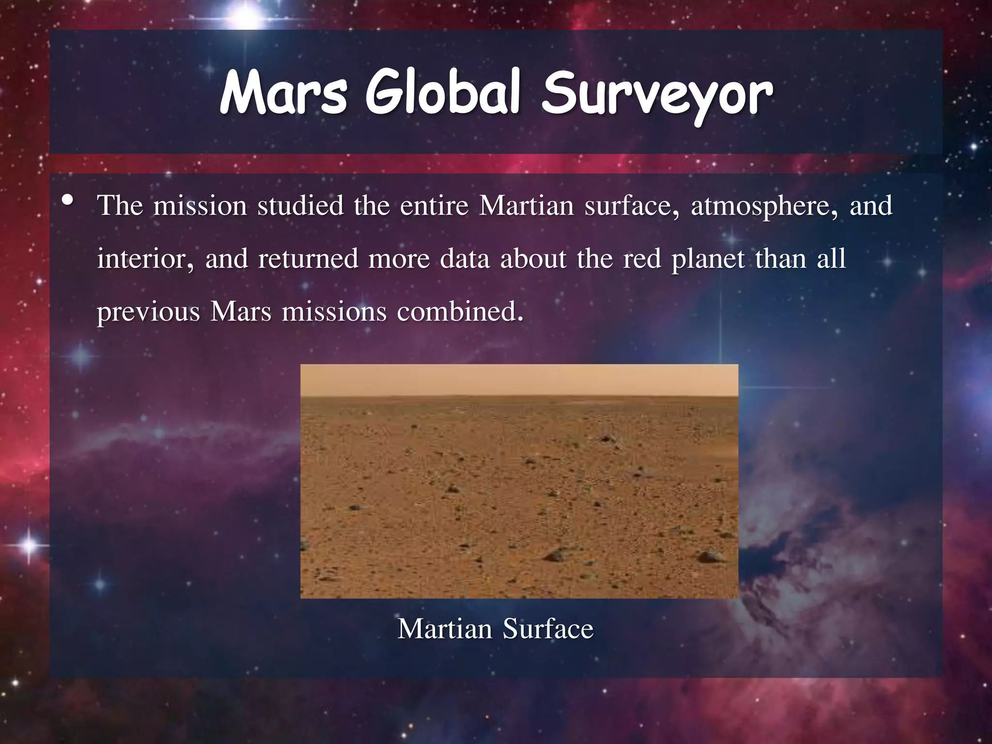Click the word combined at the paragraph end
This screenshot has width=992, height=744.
point(460,311)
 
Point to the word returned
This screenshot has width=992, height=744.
point(308,259)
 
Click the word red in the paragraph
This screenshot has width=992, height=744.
point(642,259)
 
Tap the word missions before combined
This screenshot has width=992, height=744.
point(334,311)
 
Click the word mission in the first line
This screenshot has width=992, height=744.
point(200,206)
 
